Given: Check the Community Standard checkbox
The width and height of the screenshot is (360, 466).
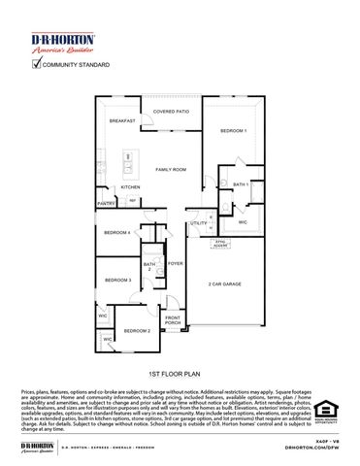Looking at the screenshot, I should (38, 65).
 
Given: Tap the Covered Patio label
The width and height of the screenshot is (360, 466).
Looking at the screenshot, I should (172, 112).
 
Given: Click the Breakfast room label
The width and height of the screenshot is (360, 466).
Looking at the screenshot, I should (121, 120).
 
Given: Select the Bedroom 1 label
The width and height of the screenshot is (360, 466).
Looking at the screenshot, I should (233, 130).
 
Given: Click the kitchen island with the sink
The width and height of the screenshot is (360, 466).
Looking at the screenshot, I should (126, 165).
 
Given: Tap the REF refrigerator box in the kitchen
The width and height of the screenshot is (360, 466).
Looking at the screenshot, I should (133, 201).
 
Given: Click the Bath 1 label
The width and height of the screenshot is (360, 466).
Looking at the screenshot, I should (241, 183).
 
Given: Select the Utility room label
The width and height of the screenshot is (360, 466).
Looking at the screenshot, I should (198, 223).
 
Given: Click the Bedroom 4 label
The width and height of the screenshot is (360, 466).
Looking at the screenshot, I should (117, 233).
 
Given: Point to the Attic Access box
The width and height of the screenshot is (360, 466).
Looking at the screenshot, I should (221, 244).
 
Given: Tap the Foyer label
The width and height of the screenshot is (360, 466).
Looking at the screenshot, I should (175, 263).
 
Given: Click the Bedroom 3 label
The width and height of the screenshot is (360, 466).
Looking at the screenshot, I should (116, 280).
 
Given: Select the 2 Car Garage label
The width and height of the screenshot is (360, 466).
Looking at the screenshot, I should (226, 284).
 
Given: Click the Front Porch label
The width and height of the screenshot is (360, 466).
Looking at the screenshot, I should (173, 320).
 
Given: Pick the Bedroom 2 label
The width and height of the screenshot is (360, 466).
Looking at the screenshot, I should (137, 331).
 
